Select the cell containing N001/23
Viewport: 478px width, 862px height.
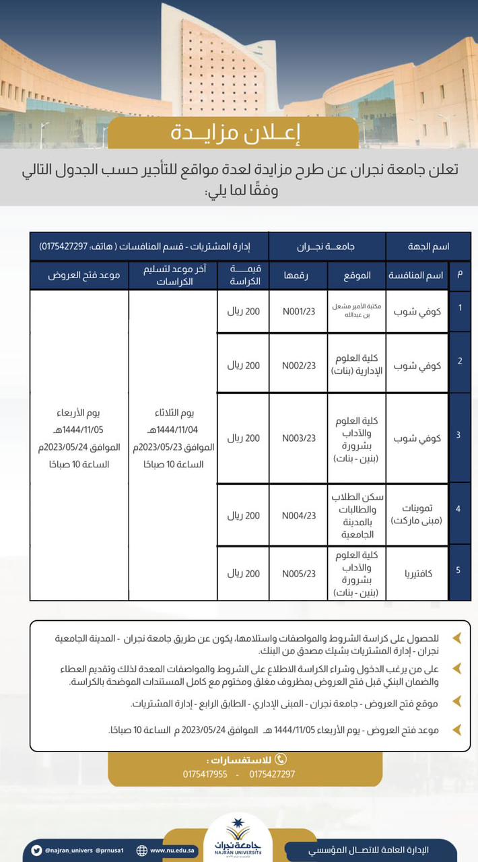tap(298, 311)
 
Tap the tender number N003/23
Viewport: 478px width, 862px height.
tap(298, 438)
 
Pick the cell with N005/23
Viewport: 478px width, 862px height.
tap(298, 574)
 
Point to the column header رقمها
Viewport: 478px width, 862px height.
tap(298, 275)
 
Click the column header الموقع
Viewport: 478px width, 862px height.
tap(356, 275)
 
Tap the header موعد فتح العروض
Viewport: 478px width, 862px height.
tap(79, 275)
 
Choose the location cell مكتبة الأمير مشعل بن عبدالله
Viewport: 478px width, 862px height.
tap(356, 311)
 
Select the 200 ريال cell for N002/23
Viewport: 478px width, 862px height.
tap(242, 366)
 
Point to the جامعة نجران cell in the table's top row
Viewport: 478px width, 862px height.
tap(327, 246)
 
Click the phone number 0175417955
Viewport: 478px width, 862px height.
tap(205, 774)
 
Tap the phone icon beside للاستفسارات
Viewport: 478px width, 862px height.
tap(281, 759)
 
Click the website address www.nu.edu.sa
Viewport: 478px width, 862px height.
tap(173, 851)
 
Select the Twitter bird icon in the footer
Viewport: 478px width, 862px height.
tap(36, 851)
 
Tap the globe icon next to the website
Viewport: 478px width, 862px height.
tap(141, 851)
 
